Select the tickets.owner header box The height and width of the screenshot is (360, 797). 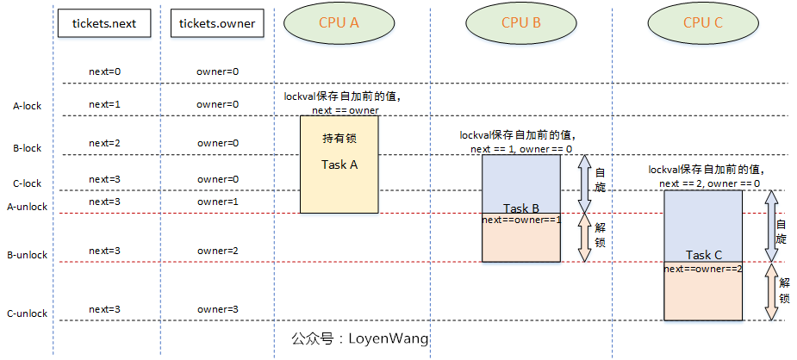[x=217, y=24]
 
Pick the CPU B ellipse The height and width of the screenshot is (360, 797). [x=520, y=24]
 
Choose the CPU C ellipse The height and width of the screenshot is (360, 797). [x=702, y=24]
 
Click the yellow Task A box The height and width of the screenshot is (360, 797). [x=339, y=164]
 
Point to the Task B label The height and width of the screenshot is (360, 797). [x=520, y=208]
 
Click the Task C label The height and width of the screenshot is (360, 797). [x=702, y=255]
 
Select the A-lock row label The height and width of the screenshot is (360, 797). [x=27, y=107]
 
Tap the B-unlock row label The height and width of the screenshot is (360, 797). [x=27, y=256]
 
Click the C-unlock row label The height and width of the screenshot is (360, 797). [x=27, y=314]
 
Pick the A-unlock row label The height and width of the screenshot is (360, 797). [x=27, y=207]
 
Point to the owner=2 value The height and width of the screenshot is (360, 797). [x=217, y=251]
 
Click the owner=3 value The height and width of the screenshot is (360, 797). [x=217, y=309]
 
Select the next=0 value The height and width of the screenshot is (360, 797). [x=105, y=71]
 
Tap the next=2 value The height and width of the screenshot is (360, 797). [x=105, y=143]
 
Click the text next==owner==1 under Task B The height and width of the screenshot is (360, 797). [x=520, y=220]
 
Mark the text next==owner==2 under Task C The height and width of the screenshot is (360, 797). [x=702, y=269]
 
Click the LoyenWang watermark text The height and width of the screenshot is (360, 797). [x=360, y=338]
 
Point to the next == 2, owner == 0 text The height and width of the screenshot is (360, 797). [x=709, y=183]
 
